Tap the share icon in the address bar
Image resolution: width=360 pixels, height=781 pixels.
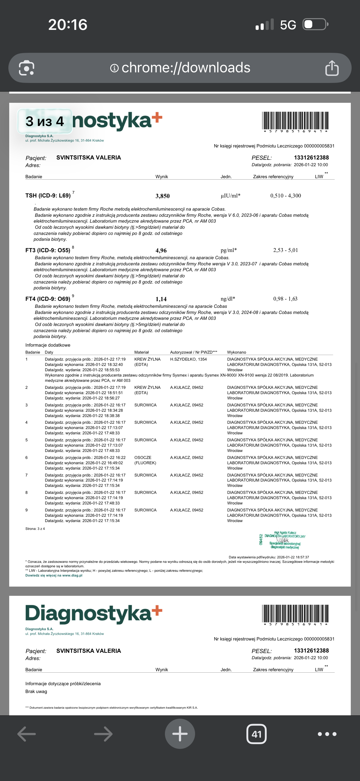[332, 68]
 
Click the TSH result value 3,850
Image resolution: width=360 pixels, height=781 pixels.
[162, 196]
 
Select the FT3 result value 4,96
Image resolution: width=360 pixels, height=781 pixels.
[161, 251]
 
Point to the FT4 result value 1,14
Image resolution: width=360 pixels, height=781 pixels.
[161, 299]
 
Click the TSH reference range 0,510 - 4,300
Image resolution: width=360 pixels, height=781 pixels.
[285, 196]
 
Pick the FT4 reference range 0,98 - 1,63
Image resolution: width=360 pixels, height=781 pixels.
[285, 299]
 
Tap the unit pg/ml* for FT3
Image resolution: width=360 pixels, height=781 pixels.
[229, 250]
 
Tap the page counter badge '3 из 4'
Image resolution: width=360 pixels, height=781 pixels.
[45, 121]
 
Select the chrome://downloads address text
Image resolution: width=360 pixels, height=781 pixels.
[186, 68]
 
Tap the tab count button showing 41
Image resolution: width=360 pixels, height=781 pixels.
[256, 734]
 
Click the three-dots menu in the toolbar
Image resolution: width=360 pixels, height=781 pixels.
[327, 734]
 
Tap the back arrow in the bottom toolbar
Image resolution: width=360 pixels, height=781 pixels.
[27, 734]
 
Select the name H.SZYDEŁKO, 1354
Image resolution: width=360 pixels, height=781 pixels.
[188, 359]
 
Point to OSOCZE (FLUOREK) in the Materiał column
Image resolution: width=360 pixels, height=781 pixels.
[145, 460]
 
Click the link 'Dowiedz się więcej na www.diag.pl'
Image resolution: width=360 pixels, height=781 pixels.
[54, 575]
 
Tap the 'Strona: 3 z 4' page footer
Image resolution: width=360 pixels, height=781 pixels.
[35, 529]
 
